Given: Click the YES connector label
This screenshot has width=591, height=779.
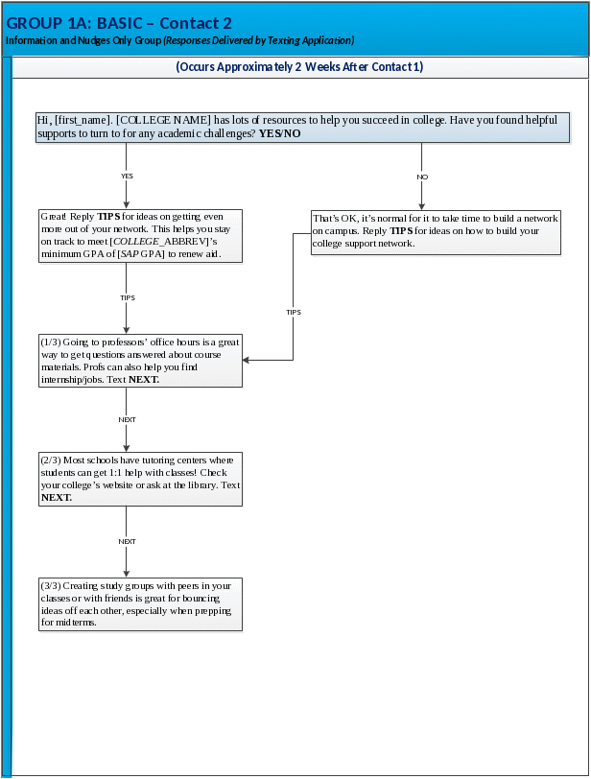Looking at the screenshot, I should click(x=127, y=177).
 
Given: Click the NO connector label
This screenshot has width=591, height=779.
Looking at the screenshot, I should click(x=421, y=177).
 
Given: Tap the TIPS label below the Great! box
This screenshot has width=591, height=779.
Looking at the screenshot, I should click(x=127, y=298).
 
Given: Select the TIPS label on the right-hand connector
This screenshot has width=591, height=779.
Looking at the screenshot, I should click(x=294, y=313).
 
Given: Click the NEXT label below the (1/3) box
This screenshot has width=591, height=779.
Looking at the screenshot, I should click(x=127, y=420).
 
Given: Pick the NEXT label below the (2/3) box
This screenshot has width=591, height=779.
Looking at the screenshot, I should click(x=127, y=542).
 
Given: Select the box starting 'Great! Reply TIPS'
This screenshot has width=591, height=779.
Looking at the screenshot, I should click(x=140, y=236).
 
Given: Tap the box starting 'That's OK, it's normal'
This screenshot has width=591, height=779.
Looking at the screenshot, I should click(x=436, y=232).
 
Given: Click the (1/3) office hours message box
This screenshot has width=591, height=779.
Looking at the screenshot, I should click(x=140, y=361).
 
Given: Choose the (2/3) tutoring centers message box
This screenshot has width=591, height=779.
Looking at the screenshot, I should click(x=140, y=479).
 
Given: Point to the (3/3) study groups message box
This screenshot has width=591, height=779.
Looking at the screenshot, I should click(x=140, y=604).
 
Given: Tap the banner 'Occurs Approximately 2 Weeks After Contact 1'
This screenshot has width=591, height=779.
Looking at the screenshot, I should click(x=299, y=67).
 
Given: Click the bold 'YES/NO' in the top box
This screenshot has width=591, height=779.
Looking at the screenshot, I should click(x=279, y=134).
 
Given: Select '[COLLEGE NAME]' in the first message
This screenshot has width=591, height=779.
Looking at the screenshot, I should click(x=163, y=121).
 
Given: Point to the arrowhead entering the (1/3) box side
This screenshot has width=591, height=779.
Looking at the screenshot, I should click(x=248, y=360).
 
